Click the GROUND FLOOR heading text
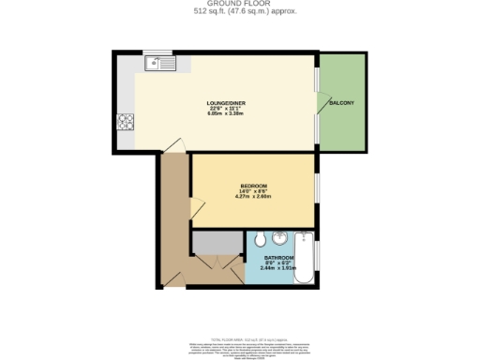[239, 5]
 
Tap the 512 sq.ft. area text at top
[239, 13]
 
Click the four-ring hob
[125, 121]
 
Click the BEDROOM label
[253, 186]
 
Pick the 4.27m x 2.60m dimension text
[253, 197]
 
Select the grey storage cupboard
[217, 241]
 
